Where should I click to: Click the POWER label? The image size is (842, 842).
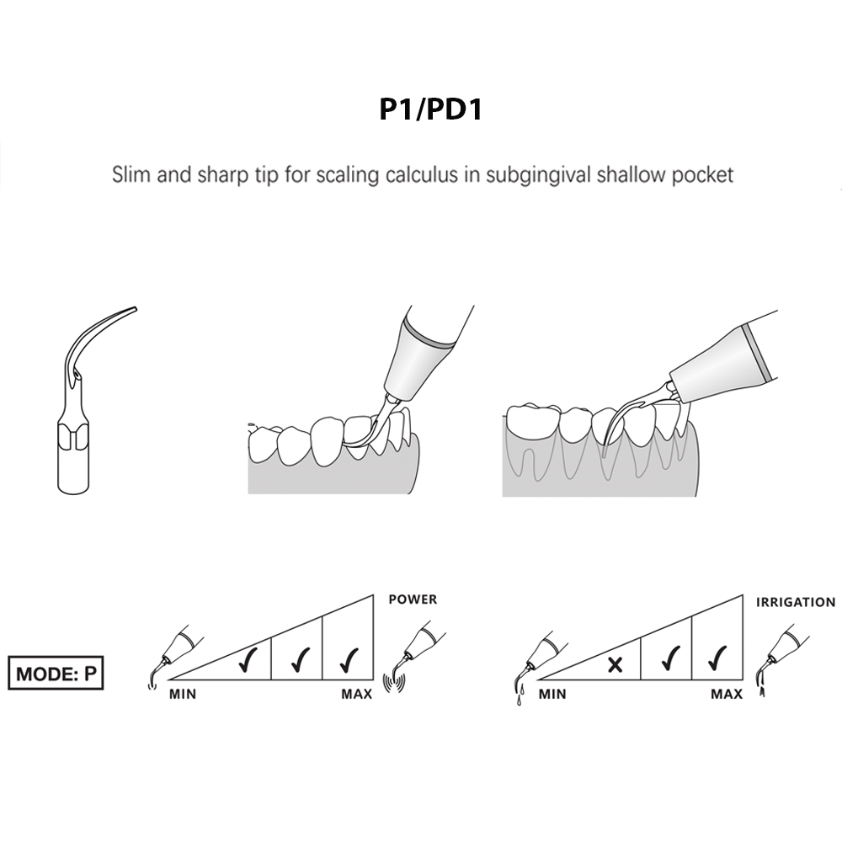click(x=413, y=600)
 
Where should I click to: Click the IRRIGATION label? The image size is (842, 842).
click(x=795, y=602)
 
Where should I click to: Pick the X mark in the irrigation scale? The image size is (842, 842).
click(x=616, y=664)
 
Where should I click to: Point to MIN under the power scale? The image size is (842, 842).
click(x=184, y=695)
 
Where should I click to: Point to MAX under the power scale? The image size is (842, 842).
click(x=357, y=695)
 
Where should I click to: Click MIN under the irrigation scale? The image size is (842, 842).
click(x=552, y=695)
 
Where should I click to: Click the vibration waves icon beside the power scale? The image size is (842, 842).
click(x=390, y=681)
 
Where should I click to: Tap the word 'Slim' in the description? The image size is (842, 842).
click(x=131, y=175)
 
